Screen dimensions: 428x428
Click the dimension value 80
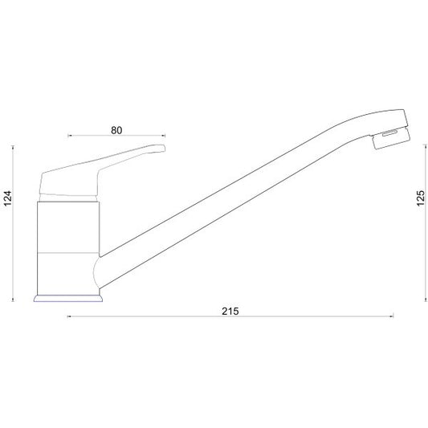(x=116, y=130)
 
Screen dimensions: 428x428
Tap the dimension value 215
(x=230, y=312)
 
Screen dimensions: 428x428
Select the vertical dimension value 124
(x=8, y=198)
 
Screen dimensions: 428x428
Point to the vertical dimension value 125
(x=421, y=198)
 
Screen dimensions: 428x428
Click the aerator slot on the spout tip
(x=389, y=133)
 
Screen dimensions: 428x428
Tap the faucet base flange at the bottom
(x=68, y=299)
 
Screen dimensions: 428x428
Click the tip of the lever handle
(x=165, y=148)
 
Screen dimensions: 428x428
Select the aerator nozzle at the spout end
(x=391, y=138)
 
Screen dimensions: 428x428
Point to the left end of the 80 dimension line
(x=68, y=136)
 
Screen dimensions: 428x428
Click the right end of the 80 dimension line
(x=165, y=136)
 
